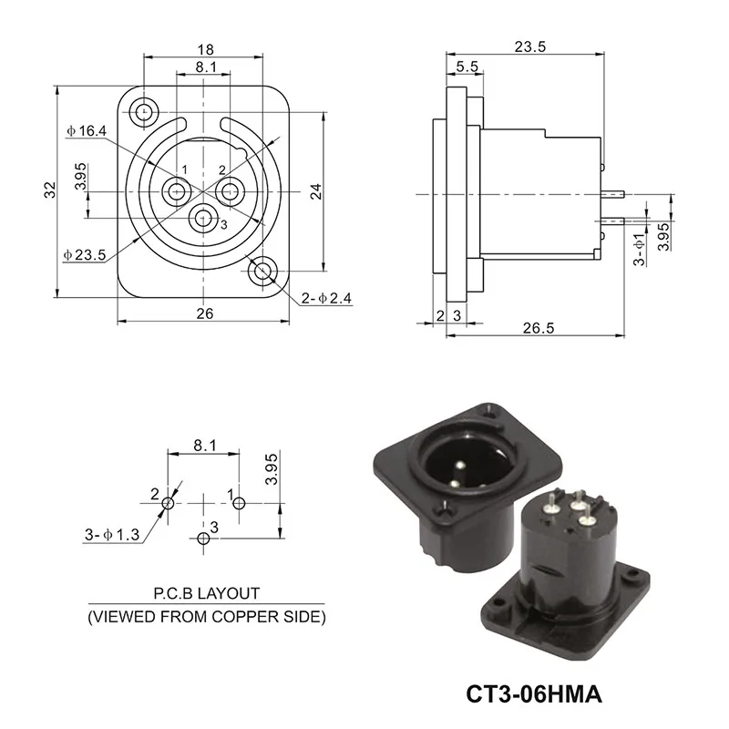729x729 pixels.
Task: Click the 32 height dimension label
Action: coord(51,190)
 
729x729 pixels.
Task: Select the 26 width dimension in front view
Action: coord(205,313)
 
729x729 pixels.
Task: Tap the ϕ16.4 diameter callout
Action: coord(87,131)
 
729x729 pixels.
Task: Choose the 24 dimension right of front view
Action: coord(316,191)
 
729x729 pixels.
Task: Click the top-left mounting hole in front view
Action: coord(144,113)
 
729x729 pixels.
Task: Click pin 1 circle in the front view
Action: coord(176,191)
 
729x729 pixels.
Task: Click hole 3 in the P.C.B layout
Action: coord(202,539)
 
